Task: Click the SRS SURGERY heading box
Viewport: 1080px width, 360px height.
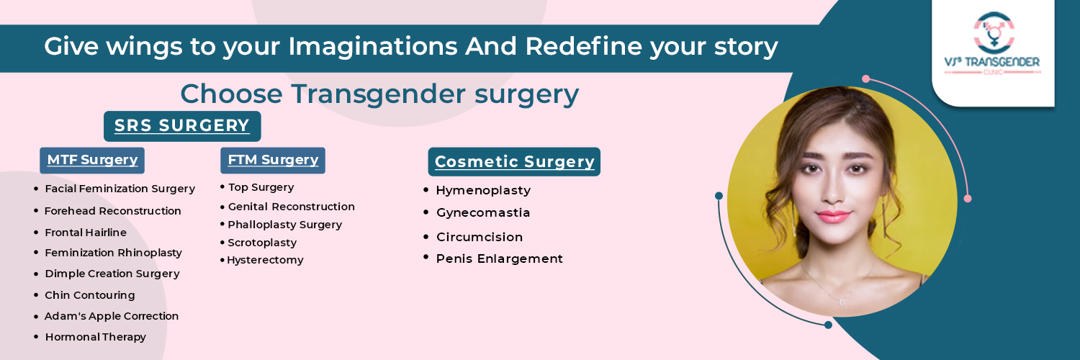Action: click(x=182, y=126)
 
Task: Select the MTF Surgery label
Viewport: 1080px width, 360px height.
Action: click(x=92, y=160)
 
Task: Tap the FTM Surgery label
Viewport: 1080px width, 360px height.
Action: click(x=273, y=160)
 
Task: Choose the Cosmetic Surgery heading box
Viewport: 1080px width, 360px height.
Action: click(x=515, y=162)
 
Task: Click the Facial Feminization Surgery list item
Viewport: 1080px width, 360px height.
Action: click(x=120, y=189)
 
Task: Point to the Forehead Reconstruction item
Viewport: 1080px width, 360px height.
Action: click(x=113, y=211)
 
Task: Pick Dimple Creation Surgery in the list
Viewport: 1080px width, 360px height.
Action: click(x=112, y=274)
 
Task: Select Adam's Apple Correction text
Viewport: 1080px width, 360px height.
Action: click(x=112, y=316)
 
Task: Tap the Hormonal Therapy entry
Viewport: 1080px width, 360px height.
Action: click(x=96, y=338)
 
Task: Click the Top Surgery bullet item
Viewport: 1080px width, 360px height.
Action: click(x=261, y=187)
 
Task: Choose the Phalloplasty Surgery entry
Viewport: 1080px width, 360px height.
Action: click(x=285, y=225)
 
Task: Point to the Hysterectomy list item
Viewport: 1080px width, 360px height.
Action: click(x=265, y=260)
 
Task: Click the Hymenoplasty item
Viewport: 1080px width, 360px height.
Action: click(x=483, y=191)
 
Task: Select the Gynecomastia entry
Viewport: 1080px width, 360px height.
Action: click(x=483, y=212)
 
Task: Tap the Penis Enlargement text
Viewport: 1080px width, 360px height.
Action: click(x=500, y=258)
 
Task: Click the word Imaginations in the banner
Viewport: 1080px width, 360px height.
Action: click(x=373, y=47)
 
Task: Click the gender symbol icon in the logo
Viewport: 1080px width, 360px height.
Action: click(x=994, y=32)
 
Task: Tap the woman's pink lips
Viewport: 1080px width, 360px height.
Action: click(x=834, y=217)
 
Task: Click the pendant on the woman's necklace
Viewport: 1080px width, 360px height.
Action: click(x=842, y=302)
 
